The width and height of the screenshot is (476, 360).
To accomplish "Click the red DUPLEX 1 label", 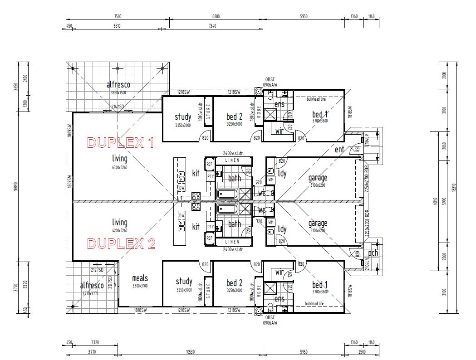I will click(x=120, y=143).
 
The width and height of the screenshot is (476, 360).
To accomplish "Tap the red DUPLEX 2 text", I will click(x=121, y=244).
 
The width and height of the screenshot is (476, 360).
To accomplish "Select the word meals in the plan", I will click(x=140, y=278).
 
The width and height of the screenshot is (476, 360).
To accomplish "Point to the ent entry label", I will click(x=339, y=149).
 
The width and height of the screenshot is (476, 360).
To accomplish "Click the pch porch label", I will click(x=373, y=253).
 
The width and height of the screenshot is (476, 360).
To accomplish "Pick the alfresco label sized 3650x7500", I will click(x=118, y=85).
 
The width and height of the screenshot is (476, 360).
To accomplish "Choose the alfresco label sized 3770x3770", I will click(x=92, y=286).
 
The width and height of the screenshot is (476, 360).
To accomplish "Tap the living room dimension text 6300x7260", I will click(x=120, y=168).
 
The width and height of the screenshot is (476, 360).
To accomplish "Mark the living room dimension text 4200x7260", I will click(x=120, y=231).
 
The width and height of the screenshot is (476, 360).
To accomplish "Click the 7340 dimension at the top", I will click(x=212, y=26).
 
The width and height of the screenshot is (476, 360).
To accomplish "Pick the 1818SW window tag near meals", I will click(x=140, y=310).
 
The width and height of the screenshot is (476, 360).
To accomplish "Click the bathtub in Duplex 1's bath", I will click(x=227, y=194).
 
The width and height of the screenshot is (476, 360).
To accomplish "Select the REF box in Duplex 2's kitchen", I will click(x=209, y=238).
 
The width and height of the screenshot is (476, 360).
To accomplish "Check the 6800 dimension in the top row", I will click(x=216, y=16).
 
